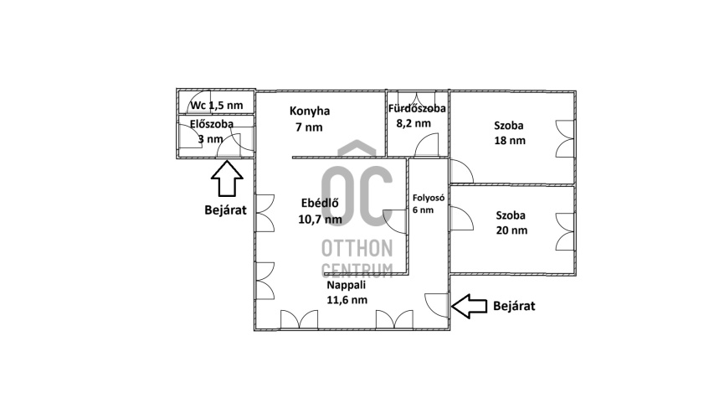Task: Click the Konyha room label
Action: click(x=310, y=111)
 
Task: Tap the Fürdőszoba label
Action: click(x=417, y=108)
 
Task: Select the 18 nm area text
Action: click(x=510, y=141)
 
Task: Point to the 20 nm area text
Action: click(x=511, y=230)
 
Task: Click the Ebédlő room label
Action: click(x=320, y=203)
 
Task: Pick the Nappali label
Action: click(x=346, y=286)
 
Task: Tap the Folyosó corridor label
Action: click(x=429, y=198)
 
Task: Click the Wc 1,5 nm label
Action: click(x=217, y=106)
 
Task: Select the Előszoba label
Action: click(x=212, y=123)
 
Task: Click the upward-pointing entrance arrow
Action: click(x=227, y=178)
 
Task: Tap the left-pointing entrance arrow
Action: click(x=469, y=306)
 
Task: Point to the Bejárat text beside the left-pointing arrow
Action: click(x=514, y=306)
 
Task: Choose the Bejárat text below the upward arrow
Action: click(x=225, y=210)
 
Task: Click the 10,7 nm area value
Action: click(x=320, y=220)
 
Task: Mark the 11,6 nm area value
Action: click(x=347, y=300)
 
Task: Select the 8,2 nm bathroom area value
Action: click(x=414, y=123)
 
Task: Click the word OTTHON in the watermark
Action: click(x=357, y=249)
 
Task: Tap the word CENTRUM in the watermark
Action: click(x=357, y=270)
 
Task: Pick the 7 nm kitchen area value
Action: click(x=309, y=127)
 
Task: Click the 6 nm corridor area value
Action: click(x=423, y=210)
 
